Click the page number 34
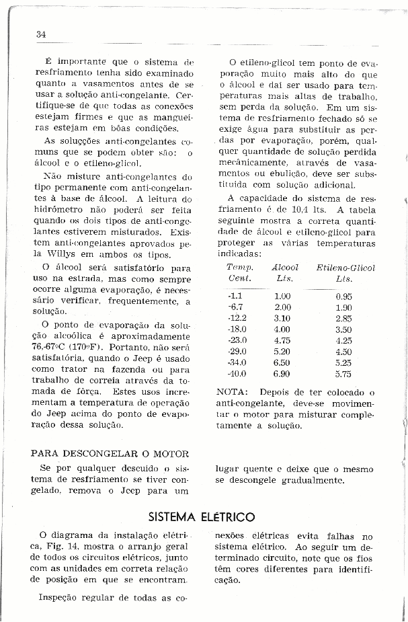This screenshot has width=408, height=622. [41, 35]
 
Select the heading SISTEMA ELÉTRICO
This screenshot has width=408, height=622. [201, 516]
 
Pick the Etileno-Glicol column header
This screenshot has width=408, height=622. [345, 268]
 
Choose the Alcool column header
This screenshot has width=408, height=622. [284, 268]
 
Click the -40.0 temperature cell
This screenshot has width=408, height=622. [237, 373]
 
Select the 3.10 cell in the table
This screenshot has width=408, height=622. [282, 318]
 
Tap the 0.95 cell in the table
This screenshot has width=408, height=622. [343, 297]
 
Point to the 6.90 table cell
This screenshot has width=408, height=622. [282, 373]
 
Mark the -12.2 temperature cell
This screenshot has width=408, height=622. [238, 318]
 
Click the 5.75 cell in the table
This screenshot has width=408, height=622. [343, 373]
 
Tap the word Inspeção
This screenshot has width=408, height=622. [61, 597]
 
